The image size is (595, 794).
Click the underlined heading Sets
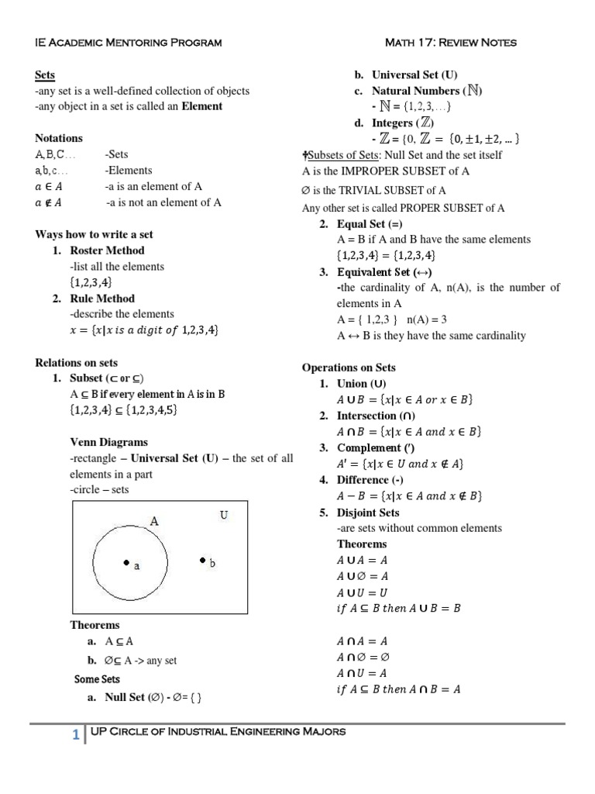pos(45,75)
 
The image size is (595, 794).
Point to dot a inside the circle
pos(125,562)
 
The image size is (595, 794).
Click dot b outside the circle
pos(202,559)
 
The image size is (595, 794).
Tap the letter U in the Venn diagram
pos(223,515)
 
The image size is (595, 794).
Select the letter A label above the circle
pos(154,522)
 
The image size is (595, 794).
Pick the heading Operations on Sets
pos(349,368)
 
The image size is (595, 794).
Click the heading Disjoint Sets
pos(368,513)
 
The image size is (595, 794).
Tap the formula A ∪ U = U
pos(363,592)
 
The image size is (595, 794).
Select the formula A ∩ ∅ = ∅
pos(363,657)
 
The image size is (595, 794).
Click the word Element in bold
pos(201,106)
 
